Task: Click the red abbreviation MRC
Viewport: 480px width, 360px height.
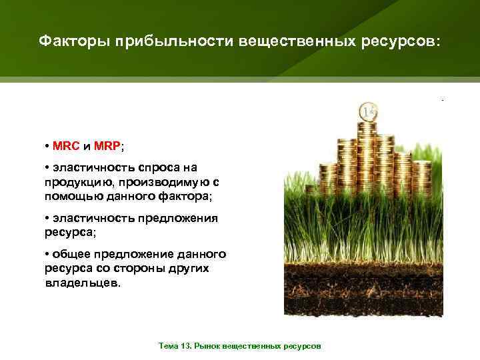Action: point(66,146)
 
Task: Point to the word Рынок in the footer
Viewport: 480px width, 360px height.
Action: point(210,347)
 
